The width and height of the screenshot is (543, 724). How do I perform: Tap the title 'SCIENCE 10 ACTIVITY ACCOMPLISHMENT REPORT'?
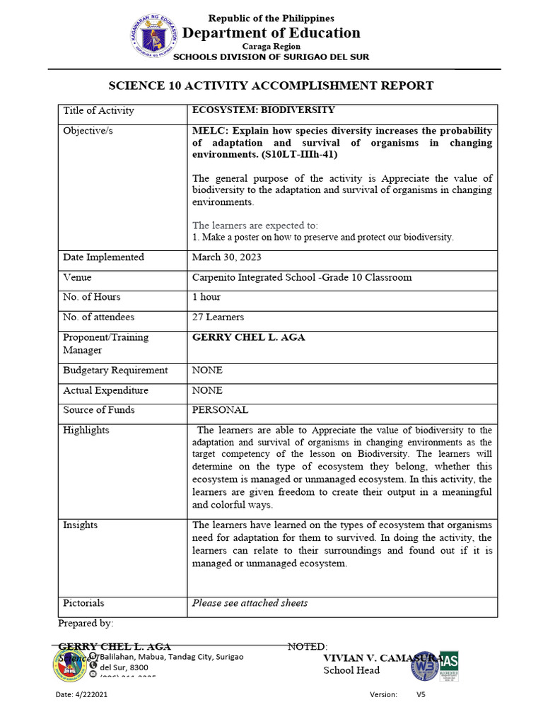click(x=271, y=86)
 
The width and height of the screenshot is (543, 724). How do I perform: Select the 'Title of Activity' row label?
click(x=98, y=110)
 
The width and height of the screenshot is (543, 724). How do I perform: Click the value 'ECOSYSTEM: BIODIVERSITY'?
click(x=264, y=110)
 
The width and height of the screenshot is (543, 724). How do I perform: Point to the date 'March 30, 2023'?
click(x=227, y=257)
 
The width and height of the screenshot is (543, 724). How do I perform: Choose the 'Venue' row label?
click(x=77, y=277)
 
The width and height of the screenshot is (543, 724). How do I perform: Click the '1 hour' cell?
click(x=206, y=297)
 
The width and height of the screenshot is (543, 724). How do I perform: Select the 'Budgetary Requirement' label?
click(x=115, y=370)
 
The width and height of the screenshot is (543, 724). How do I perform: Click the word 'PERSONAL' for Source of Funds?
click(x=220, y=410)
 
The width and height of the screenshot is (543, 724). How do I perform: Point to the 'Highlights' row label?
click(x=86, y=430)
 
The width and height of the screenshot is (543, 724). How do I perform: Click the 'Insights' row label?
click(x=81, y=525)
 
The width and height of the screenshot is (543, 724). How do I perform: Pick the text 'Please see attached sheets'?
click(x=250, y=603)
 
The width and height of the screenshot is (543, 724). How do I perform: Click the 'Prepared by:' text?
click(x=85, y=624)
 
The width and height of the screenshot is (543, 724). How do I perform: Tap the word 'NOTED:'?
click(x=308, y=647)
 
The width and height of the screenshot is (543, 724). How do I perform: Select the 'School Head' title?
click(x=351, y=670)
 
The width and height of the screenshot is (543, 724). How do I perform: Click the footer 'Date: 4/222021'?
click(x=82, y=695)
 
